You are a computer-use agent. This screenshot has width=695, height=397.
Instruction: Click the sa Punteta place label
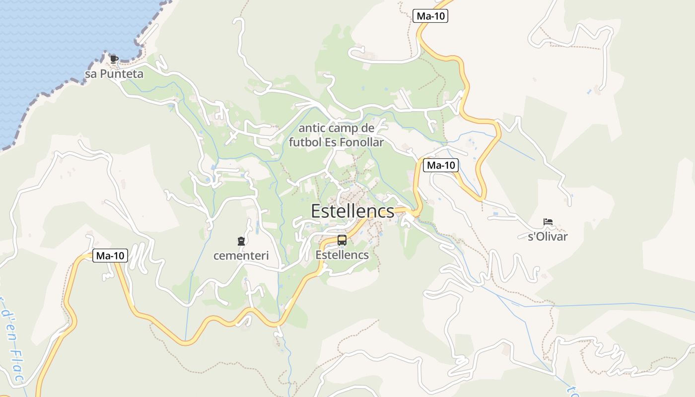[x=114, y=74]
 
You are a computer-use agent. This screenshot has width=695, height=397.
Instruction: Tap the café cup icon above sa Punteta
[x=114, y=60]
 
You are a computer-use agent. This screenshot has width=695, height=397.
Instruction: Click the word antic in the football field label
[x=312, y=129]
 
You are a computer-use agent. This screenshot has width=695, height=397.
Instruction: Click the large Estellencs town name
[x=352, y=211]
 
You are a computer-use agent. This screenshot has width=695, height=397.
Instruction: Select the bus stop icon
[x=342, y=241]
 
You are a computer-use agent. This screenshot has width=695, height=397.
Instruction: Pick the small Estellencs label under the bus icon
[x=342, y=255]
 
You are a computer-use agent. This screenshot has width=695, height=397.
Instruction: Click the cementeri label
[x=241, y=256]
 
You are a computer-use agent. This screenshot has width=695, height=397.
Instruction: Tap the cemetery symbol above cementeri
[x=241, y=242]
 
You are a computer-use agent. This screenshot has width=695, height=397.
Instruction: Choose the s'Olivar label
[x=548, y=236]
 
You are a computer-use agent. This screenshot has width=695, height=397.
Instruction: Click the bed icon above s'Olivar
[x=548, y=222]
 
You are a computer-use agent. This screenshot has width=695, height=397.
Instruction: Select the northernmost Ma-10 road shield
[x=430, y=16]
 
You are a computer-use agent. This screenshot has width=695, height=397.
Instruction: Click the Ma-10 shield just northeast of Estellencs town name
[x=441, y=165]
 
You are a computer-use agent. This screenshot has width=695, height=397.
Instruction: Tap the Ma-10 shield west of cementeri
[x=110, y=256]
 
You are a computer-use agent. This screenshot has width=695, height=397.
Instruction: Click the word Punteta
[x=122, y=74]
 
